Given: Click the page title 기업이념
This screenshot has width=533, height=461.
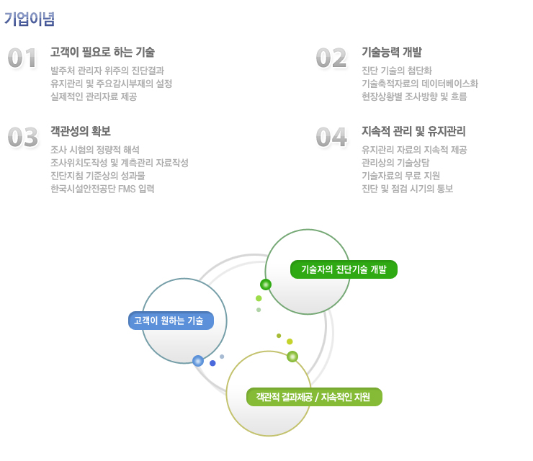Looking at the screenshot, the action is point(30,19).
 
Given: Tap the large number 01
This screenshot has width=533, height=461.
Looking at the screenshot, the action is point(22,58).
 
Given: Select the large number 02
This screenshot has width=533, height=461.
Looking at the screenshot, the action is point(331,58).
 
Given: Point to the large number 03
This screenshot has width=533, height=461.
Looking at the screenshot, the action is point(23,137).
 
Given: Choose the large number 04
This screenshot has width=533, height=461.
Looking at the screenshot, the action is point(331,137).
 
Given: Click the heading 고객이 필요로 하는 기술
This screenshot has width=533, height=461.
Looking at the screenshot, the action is point(102,52).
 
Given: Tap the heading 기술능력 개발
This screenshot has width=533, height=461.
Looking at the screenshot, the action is point(392,52).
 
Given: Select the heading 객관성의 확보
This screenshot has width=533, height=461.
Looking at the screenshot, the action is point(80,131).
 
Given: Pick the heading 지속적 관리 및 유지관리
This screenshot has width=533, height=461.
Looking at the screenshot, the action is point(413,131).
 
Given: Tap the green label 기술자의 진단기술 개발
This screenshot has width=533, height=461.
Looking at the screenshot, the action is point(344,269).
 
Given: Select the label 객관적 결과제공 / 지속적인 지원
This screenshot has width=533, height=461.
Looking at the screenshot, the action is point(314,397).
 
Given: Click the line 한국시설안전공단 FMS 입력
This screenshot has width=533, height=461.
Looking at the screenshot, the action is point(102,189).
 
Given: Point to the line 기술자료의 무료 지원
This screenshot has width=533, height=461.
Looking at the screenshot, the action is point(400,176).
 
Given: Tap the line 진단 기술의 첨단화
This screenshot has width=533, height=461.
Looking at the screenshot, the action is point(397,71).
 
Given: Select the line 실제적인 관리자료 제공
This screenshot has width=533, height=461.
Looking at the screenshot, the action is point(94,97).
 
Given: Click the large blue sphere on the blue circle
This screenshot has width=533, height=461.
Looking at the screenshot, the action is point(198,361).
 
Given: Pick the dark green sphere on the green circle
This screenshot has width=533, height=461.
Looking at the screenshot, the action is point(266,285).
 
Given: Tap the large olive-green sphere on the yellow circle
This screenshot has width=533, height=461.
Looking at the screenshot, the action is point(292,357).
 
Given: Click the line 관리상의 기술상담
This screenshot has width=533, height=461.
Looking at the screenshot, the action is point(395,163).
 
